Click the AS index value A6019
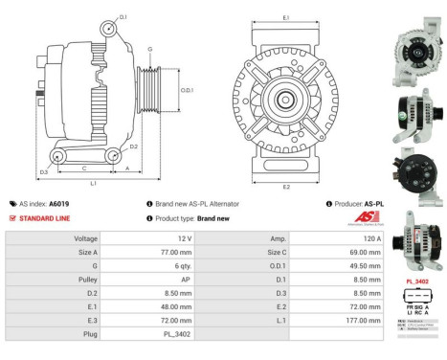click(58, 204)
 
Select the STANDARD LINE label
click(46, 218)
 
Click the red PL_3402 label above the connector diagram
click(416, 281)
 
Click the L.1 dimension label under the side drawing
click(93, 182)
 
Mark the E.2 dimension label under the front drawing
click(286, 187)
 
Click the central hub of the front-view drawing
click(285, 101)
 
